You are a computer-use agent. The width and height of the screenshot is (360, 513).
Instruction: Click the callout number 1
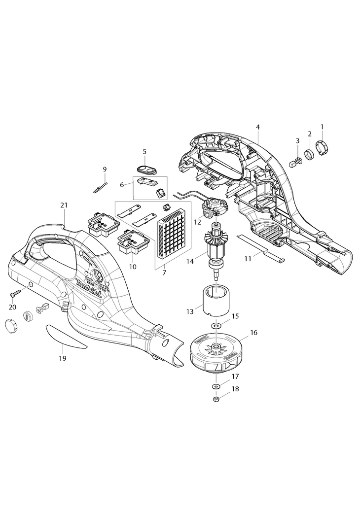pos(322,126)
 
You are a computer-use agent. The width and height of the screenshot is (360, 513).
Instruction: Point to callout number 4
pos(258,127)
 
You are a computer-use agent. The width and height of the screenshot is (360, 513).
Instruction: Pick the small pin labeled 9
pos(101,187)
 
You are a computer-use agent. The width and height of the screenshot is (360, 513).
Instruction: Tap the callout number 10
pos(132,267)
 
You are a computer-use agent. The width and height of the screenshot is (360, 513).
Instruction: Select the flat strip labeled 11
pos(261,248)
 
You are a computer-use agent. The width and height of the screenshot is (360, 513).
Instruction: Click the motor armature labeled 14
pos(216,246)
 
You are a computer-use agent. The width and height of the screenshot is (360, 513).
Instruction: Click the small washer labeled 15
pos(216,326)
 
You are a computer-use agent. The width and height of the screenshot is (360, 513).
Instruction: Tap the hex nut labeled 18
pos(216,399)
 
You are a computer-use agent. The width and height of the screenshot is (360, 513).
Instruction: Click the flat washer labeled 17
pos(216,385)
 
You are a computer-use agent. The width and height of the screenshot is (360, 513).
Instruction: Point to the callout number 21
pos(64,205)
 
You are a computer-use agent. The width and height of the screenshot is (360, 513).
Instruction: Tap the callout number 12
pos(197,222)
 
